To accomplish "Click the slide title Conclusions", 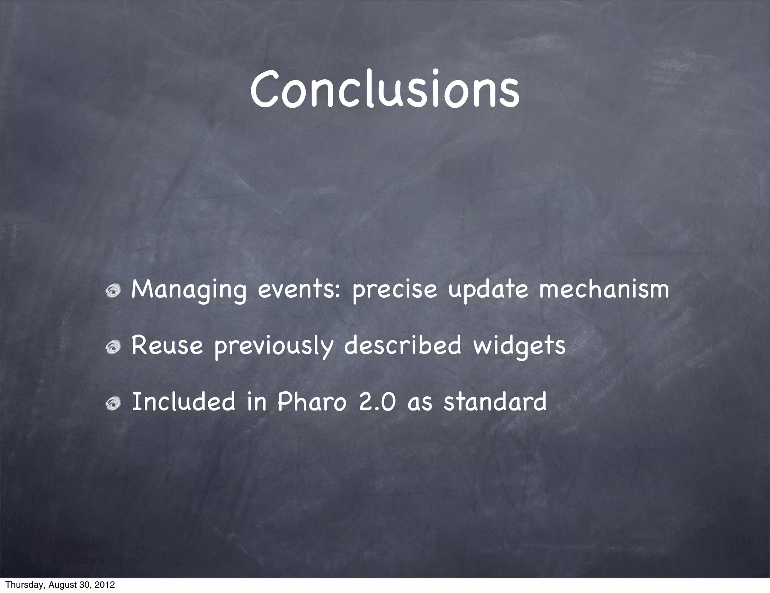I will pos(385,89).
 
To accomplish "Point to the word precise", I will pos(395,290).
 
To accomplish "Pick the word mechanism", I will pos(604,289).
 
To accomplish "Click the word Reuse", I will pos(167,345).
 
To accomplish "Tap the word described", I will pos(403,345).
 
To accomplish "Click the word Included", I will pos(183,401).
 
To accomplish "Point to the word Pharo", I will pos(311,401).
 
